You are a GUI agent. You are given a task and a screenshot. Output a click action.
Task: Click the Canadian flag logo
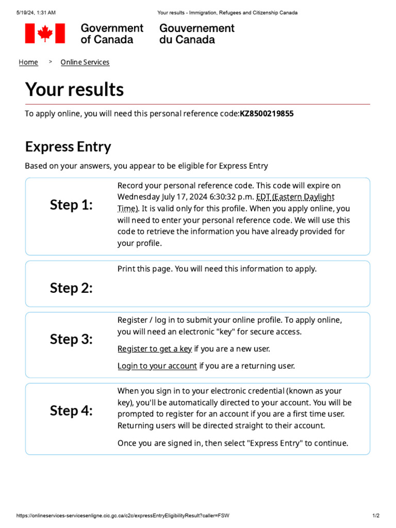[45, 34]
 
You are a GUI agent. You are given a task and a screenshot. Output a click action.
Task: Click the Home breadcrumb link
[28, 62]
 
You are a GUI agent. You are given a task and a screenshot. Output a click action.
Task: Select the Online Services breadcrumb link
[85, 62]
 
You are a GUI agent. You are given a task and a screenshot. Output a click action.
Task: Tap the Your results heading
[74, 90]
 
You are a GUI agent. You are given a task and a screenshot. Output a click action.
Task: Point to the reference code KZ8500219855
[267, 113]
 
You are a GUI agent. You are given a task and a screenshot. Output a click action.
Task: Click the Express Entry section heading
[68, 147]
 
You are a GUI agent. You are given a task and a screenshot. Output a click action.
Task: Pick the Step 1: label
[71, 205]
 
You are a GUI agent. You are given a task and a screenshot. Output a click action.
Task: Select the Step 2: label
[71, 288]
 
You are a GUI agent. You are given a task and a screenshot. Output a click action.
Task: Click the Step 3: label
[71, 340]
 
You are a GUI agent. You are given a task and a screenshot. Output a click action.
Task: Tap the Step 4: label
[71, 411]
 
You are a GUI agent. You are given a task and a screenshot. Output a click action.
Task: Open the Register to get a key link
[155, 349]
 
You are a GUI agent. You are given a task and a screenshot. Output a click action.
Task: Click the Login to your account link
[157, 366]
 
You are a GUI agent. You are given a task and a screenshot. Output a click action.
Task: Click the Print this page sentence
[217, 269]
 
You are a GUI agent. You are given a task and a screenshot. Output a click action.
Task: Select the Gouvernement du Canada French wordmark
[196, 34]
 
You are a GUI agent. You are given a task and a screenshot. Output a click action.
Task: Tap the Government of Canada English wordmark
[112, 34]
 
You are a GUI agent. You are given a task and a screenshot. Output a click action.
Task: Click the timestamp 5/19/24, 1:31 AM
[36, 12]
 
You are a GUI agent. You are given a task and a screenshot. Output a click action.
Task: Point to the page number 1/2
[376, 516]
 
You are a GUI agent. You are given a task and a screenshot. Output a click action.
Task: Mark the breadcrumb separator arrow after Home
[51, 62]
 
